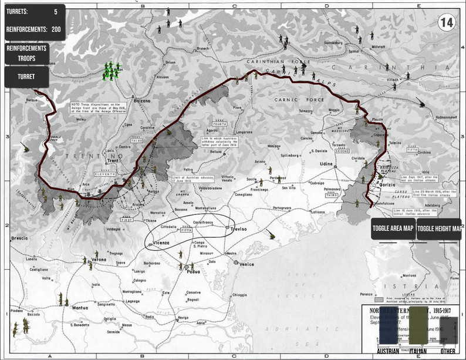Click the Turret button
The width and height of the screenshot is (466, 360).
(x=25, y=77)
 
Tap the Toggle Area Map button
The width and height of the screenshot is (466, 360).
(x=393, y=229)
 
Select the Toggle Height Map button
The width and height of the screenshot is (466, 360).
(x=439, y=229)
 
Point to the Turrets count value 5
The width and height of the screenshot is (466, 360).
(x=55, y=11)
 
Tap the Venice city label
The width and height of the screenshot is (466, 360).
(x=247, y=265)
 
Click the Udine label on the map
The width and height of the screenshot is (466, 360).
(x=326, y=164)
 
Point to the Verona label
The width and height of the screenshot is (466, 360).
(x=99, y=259)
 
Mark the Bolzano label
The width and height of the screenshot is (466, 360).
(x=141, y=102)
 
